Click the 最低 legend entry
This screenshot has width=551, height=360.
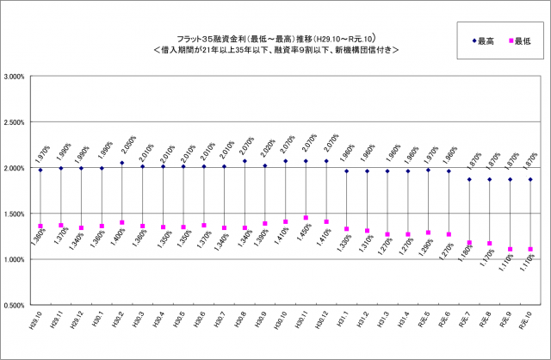(515, 42)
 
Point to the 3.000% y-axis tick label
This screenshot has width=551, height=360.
(15, 77)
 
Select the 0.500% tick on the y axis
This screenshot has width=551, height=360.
(15, 305)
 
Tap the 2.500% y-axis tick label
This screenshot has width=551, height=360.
(15, 122)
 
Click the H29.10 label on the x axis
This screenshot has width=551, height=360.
(38, 324)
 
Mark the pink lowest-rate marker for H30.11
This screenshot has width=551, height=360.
(306, 218)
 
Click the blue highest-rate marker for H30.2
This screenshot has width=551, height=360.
(122, 163)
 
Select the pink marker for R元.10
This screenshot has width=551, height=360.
(530, 249)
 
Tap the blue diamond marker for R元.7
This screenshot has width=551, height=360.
(469, 179)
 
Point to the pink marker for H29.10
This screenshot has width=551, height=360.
(40, 227)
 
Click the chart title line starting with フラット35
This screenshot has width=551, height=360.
(275, 38)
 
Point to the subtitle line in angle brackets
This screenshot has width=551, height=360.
(275, 50)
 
